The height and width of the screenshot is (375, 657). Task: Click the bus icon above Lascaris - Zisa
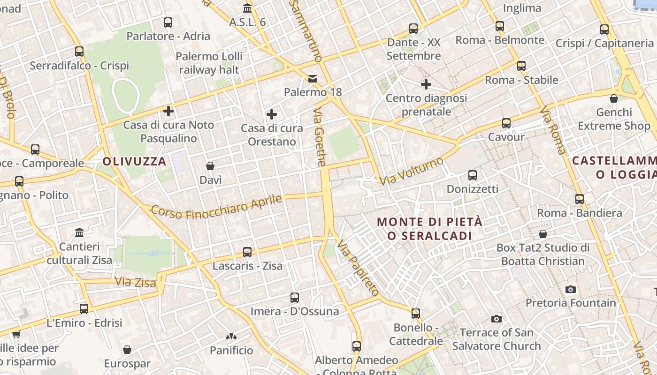pos(247,252)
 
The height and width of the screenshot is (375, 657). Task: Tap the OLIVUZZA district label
pos(135,162)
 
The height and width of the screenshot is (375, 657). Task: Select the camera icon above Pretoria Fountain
pos(571,289)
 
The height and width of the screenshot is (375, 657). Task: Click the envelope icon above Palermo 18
pos(313,78)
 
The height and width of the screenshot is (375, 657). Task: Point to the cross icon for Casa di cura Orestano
pos(271,114)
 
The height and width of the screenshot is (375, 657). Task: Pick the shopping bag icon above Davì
pos(210,166)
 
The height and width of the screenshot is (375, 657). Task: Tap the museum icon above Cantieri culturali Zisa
pos(79,232)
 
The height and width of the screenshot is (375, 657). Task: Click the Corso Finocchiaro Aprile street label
pos(216,207)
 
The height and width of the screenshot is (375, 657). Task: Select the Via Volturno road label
pos(411,171)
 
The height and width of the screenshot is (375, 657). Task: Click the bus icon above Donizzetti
pos(473,175)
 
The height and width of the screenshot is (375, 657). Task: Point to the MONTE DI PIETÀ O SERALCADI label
pos(430,228)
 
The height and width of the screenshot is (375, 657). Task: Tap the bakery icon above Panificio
pos(231,336)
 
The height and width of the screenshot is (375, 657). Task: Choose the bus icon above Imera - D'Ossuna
pos(295,297)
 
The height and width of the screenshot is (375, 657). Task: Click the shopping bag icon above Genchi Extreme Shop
pos(613,98)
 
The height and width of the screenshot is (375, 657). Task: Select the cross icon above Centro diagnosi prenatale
pos(426,84)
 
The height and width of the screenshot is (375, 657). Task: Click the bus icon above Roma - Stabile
pos(521,66)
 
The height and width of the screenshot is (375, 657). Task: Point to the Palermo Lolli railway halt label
pos(209,63)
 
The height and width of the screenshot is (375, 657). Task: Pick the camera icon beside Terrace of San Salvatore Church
pos(497,319)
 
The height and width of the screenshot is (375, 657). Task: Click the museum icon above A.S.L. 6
pos(247,8)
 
